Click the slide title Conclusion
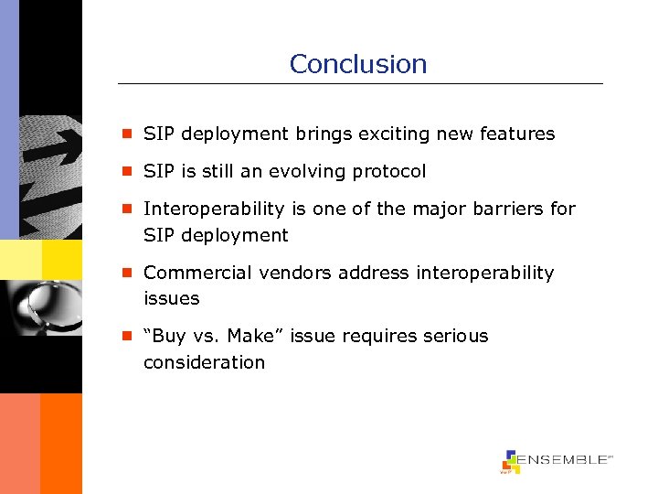[357, 64]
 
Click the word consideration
[204, 362]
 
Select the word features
[517, 134]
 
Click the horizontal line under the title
[360, 84]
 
